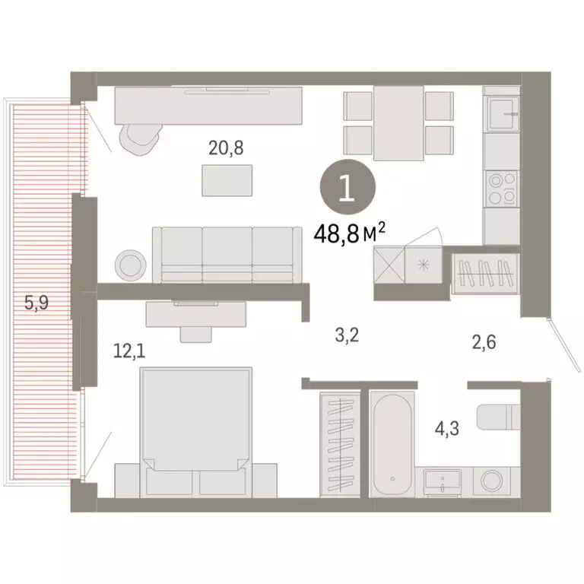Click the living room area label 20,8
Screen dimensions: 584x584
tap(227, 148)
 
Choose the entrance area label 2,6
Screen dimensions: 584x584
tap(484, 343)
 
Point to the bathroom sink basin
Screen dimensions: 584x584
tap(443, 481)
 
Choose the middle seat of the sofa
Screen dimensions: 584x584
tap(227, 250)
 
